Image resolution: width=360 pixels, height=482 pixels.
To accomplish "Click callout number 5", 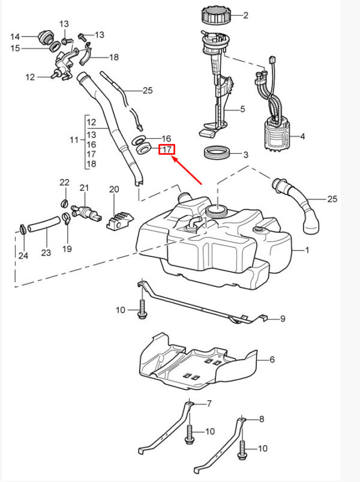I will tap(242, 110).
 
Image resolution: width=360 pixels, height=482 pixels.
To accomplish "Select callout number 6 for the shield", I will tap(272, 360).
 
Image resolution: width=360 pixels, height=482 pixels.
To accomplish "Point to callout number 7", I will tap(209, 403).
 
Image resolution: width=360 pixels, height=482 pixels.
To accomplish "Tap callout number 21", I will tap(85, 187).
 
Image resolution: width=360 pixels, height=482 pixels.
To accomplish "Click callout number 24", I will tap(23, 256).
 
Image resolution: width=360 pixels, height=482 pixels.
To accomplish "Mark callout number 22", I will tap(64, 182).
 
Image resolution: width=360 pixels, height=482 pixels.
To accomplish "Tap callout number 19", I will tap(67, 248).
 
